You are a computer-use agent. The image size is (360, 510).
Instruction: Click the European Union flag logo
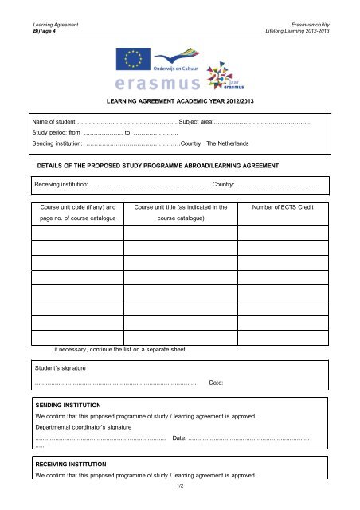[132, 58]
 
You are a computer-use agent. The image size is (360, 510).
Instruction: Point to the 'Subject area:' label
[196, 122]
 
